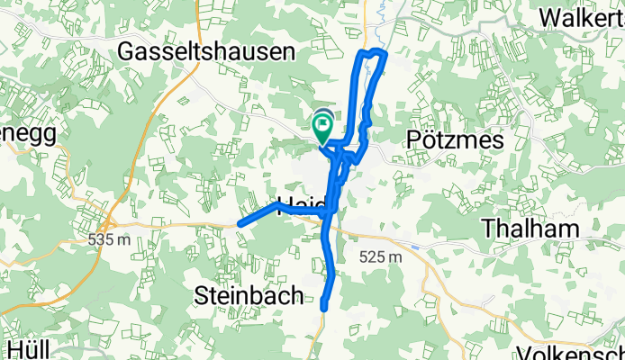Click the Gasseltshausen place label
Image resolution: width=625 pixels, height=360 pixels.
(x=206, y=53)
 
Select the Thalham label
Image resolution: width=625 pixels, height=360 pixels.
(x=530, y=229)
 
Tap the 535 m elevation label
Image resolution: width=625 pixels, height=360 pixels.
(x=110, y=240)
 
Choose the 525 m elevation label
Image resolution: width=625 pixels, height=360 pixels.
(x=381, y=258)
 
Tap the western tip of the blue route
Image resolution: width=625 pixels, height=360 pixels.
(x=239, y=224)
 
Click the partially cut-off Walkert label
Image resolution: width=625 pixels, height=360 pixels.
(x=583, y=18)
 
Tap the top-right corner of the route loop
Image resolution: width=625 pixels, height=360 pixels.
(x=385, y=56)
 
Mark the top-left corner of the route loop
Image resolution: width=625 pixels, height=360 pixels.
(x=363, y=54)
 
